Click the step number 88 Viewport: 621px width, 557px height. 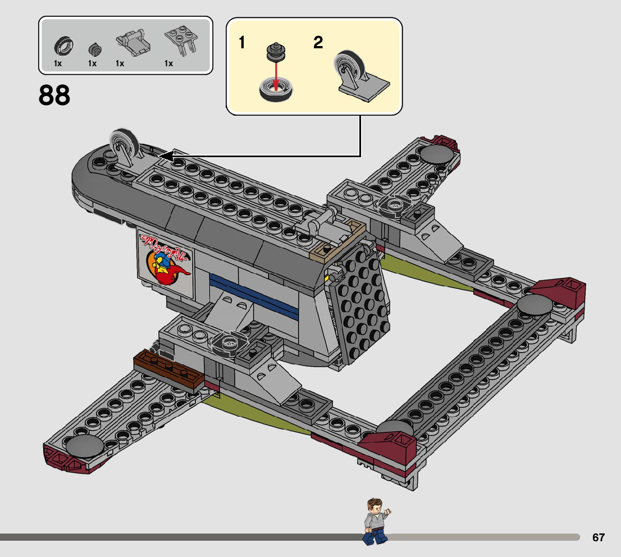54,95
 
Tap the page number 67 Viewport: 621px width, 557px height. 598,537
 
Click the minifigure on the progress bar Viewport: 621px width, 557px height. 375,522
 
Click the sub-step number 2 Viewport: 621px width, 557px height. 318,43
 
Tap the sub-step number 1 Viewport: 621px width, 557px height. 242,43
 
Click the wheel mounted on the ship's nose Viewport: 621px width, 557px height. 124,144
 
